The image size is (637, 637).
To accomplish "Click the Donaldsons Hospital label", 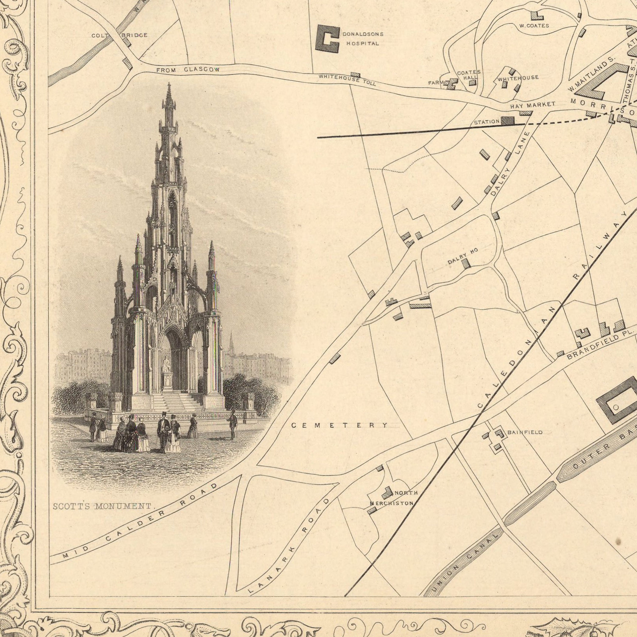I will click(363, 39).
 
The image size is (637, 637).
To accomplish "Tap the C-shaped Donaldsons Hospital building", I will click(326, 39).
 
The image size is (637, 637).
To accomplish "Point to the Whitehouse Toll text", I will click(347, 80).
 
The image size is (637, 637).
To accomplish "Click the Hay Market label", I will click(533, 106).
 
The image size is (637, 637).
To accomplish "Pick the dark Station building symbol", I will click(507, 121).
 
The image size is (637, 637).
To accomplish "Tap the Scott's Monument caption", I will click(102, 506).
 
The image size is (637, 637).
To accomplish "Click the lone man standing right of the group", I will click(233, 425).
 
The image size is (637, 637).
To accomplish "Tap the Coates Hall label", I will click(469, 75).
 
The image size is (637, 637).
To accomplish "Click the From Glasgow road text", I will click(188, 70).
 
